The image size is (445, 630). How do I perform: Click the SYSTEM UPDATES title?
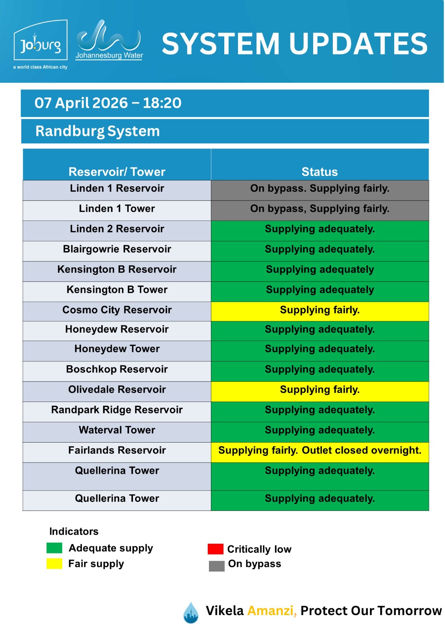(x=294, y=43)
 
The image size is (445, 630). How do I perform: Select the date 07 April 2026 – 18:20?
(x=108, y=103)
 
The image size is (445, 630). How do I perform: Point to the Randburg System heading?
(x=98, y=131)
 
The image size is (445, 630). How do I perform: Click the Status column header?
(x=319, y=172)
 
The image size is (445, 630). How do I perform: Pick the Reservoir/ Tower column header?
(x=117, y=172)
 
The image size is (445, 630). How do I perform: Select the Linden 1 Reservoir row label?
(x=117, y=188)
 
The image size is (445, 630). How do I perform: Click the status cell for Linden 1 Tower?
(x=319, y=209)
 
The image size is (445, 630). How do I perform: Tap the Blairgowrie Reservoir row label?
(x=117, y=249)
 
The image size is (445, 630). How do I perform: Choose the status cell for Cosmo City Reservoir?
(x=319, y=310)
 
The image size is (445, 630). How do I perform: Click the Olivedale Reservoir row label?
(x=117, y=389)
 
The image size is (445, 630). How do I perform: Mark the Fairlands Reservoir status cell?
(x=319, y=450)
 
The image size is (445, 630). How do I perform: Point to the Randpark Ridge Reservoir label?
(x=117, y=410)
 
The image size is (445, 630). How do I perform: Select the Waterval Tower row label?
(x=117, y=430)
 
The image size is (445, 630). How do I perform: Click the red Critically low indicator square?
(x=215, y=549)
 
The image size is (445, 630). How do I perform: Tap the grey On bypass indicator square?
(x=216, y=566)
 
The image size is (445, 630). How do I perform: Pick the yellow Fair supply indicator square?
(x=54, y=564)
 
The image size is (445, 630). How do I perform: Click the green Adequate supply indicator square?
(x=54, y=548)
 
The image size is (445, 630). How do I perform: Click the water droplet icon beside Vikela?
(x=191, y=613)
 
